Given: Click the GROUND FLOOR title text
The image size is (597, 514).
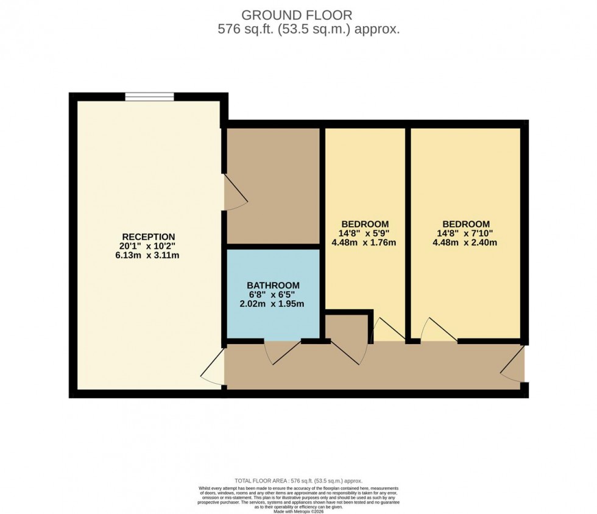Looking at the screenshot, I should click(x=297, y=15).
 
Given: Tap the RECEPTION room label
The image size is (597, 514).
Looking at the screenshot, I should click(x=149, y=237).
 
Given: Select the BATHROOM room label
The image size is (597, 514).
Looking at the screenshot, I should click(x=273, y=285).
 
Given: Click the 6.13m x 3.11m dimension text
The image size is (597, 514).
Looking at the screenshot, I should click(x=149, y=256).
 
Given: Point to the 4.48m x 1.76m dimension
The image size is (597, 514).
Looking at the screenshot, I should click(x=365, y=242).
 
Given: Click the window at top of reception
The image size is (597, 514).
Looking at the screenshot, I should click(x=149, y=96).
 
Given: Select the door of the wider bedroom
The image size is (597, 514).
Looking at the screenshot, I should click(x=438, y=330).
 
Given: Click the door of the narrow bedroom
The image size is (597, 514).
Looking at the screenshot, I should click(x=387, y=330).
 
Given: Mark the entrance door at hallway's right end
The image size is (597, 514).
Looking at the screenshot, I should click(x=513, y=364).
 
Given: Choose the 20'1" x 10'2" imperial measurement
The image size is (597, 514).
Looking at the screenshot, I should click(x=149, y=247).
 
